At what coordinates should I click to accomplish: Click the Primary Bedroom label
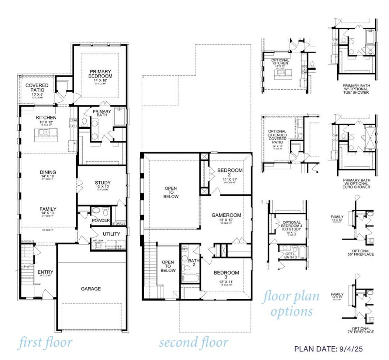pos(100,74)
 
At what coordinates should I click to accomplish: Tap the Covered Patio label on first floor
pos(37,88)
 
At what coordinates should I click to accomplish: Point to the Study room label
pos(102,183)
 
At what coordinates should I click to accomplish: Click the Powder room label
pos(101,220)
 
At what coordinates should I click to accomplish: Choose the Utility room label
pos(111,234)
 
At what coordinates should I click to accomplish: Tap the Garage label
pos(91,289)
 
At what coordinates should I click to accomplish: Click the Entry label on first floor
pos(45,272)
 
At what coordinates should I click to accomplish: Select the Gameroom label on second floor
pos(226,215)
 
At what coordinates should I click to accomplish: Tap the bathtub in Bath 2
pos(190,278)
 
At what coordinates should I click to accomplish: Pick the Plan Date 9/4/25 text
pos(328,349)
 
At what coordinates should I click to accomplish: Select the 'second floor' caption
pos(194,343)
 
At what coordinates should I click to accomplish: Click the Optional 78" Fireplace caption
pos(361,330)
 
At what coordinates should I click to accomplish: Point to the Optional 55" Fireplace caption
pos(361,252)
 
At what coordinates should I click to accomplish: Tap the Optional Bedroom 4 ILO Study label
pos(291,226)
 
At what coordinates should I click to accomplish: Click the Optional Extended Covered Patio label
pos(277,137)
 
